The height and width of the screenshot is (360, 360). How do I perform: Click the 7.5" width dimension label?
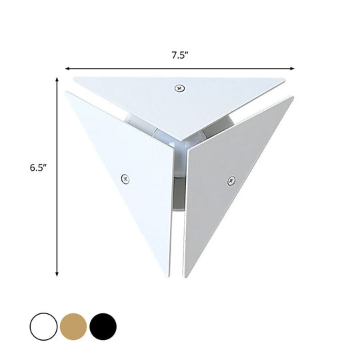point(180,55)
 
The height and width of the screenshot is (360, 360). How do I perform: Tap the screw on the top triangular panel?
point(179,88)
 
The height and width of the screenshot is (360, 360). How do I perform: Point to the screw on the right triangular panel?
point(231,179)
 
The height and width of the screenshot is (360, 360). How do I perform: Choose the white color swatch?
point(43,327)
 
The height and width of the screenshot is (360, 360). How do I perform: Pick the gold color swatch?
point(73,327)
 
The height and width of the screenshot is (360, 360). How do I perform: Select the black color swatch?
point(103,327)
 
